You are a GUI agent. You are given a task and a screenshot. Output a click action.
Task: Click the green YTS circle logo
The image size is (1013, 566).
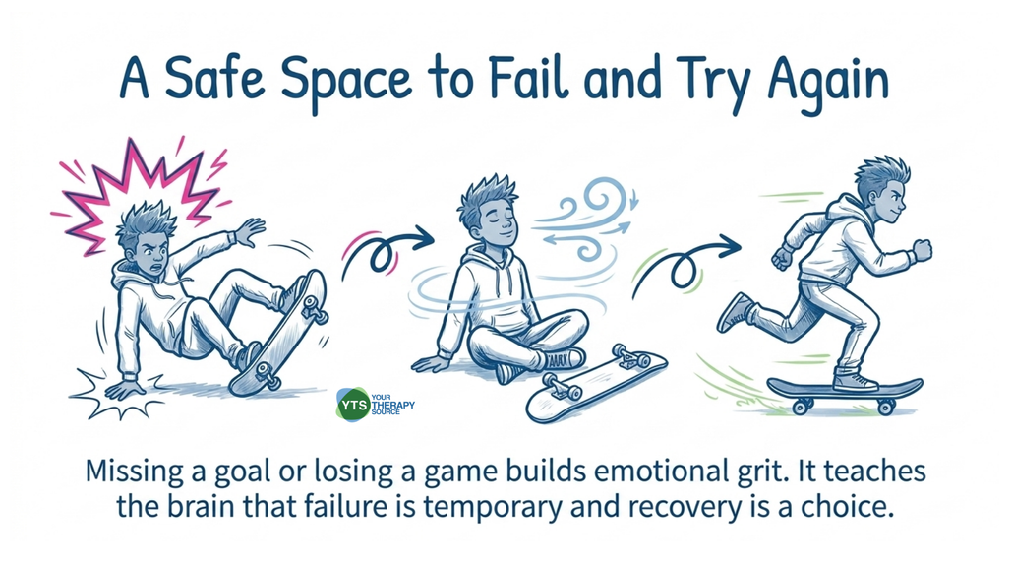tap(353, 405)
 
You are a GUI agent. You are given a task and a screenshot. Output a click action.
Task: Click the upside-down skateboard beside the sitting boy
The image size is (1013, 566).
tap(596, 384)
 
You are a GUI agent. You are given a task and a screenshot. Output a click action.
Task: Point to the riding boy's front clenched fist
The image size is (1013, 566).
tap(922, 250)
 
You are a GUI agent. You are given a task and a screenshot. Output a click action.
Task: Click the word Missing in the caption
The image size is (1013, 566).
tap(135, 472)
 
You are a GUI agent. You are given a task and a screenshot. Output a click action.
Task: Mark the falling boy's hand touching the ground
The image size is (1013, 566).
tap(125, 388)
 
